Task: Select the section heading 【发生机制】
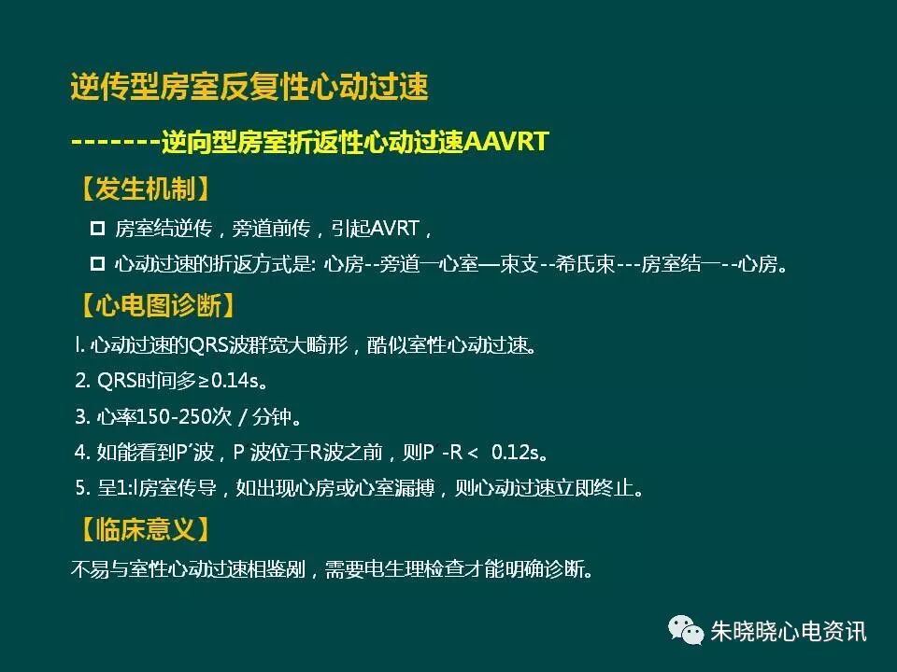(x=139, y=190)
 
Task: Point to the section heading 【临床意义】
(x=139, y=531)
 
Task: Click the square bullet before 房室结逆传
(x=97, y=228)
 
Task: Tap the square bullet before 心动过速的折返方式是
(x=97, y=265)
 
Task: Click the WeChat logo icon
(x=686, y=630)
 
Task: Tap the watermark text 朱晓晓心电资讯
(x=789, y=631)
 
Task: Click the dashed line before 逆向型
(x=115, y=142)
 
